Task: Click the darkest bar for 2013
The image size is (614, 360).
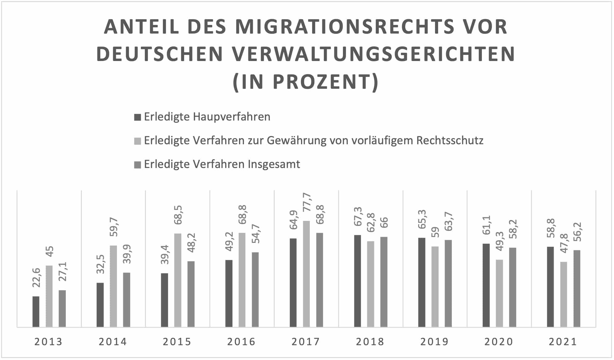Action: (x=36, y=311)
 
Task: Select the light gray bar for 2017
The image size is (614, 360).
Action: (x=306, y=274)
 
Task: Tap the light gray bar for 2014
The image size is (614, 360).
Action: (x=113, y=286)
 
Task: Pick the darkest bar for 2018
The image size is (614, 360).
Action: (x=357, y=281)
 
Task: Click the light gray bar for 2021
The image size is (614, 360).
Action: (x=563, y=294)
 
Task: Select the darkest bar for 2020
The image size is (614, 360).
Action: (x=486, y=285)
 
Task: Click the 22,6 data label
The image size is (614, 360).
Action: (x=36, y=277)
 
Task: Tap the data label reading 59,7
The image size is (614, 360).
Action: (x=114, y=227)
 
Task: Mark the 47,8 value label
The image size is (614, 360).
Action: (x=564, y=243)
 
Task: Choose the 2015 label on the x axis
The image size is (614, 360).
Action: (x=177, y=342)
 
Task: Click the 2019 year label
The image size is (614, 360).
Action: (x=435, y=342)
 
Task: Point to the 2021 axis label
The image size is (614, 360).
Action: (x=563, y=342)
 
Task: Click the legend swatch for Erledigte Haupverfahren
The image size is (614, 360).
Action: (x=137, y=117)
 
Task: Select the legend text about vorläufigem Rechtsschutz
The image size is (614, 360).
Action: (x=314, y=141)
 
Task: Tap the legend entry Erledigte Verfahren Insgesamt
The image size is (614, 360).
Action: (x=222, y=164)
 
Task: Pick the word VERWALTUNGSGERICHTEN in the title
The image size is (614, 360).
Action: (x=373, y=54)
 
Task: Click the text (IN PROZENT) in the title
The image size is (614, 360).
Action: (x=306, y=82)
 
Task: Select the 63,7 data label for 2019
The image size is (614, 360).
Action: (x=448, y=221)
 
